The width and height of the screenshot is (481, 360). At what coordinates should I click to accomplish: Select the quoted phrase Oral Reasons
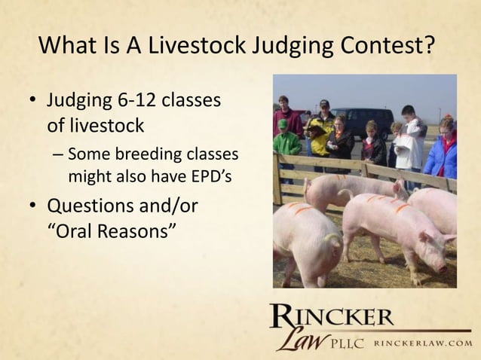click(x=112, y=230)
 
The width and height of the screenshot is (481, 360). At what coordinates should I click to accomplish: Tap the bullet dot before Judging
click(x=32, y=101)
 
